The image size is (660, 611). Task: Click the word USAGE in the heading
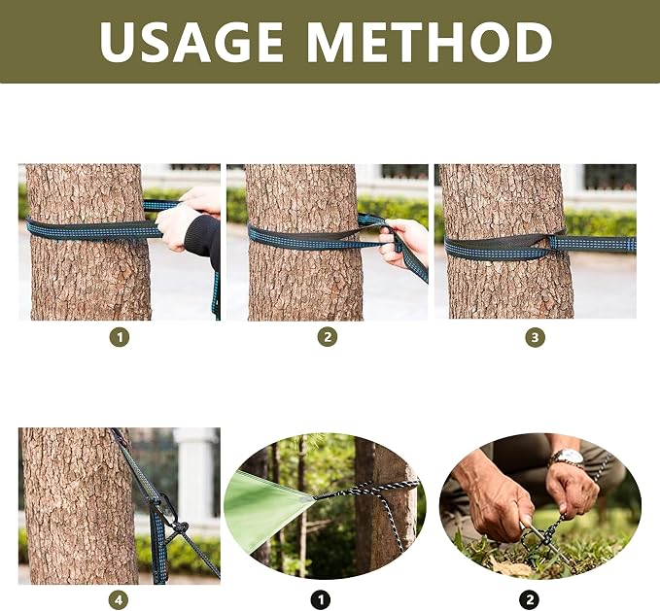tap(191, 42)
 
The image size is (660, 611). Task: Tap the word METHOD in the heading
tap(430, 42)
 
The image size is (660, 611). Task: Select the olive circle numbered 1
tap(120, 337)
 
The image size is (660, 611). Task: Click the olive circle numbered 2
tap(327, 337)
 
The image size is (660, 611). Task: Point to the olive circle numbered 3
tap(535, 337)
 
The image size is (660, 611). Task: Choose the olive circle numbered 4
tap(119, 600)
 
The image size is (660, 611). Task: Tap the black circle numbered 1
tap(321, 600)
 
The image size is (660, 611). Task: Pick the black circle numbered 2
tap(529, 600)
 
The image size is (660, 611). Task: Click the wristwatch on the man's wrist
tap(569, 459)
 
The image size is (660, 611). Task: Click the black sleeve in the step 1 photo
tap(203, 241)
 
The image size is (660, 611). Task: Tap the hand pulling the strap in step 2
tap(403, 243)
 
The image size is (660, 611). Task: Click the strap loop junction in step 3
tap(554, 244)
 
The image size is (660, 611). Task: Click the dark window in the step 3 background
tap(609, 177)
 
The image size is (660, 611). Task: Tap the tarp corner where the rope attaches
tap(315, 498)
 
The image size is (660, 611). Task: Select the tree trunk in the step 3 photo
tap(505, 241)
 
